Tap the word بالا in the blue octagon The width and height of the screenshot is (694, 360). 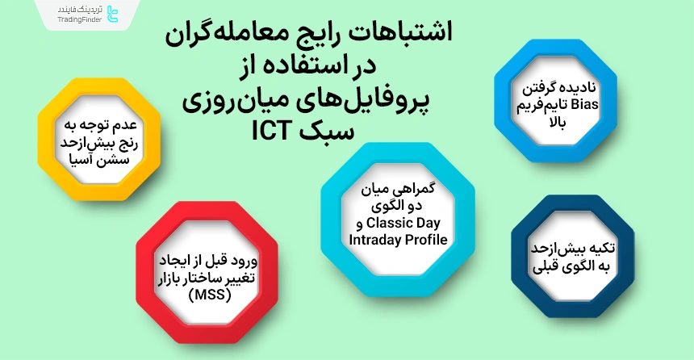click(559, 119)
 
